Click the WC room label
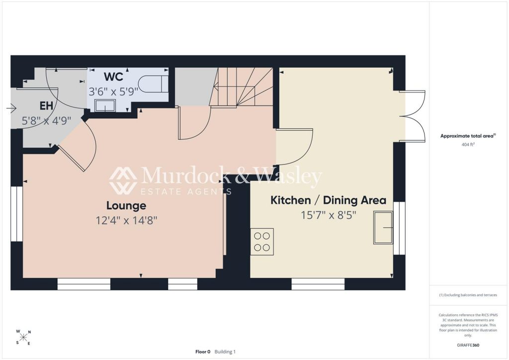point(114,77)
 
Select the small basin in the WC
point(105,105)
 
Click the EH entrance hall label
point(46,106)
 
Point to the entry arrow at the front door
point(11,108)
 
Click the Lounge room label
point(126,205)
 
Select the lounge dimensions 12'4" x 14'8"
point(126,221)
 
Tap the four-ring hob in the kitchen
point(262,242)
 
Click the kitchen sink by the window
point(383,228)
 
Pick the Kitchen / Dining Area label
point(329,200)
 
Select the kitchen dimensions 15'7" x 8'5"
point(329,215)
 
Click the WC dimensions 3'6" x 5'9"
point(114,92)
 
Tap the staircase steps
point(244,87)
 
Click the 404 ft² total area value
point(468,145)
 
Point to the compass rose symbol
point(23,337)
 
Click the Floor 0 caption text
point(203,352)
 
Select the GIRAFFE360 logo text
point(468,345)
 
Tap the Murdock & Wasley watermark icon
point(123,181)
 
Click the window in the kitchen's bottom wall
point(318,284)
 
